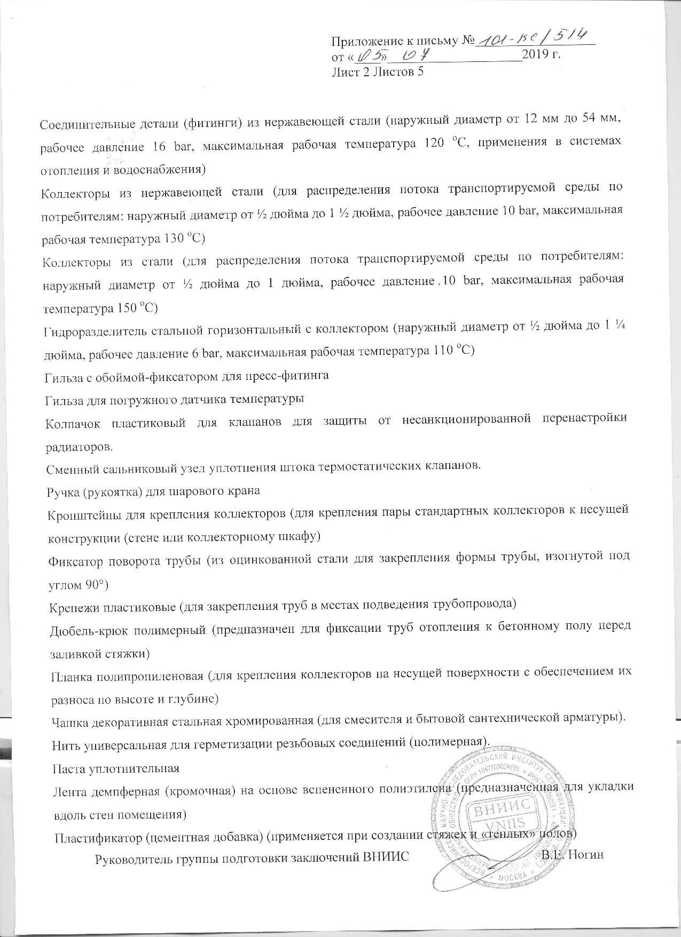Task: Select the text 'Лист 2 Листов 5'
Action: click(378, 71)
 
